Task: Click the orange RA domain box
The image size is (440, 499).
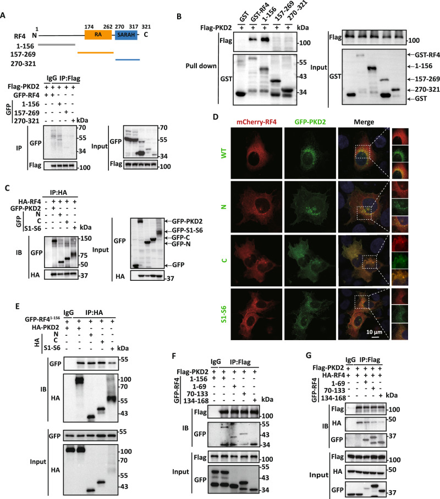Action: [98, 35]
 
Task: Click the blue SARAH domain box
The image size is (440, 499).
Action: [126, 35]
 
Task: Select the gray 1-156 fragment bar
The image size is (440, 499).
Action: [57, 45]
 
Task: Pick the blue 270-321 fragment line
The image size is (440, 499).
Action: [128, 59]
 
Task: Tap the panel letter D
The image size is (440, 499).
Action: [216, 117]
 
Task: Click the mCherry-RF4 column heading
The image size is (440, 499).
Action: [256, 122]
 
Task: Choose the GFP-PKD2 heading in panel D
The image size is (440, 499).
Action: [310, 122]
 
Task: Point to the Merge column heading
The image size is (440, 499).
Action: [364, 122]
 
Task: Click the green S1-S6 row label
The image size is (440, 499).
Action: [224, 314]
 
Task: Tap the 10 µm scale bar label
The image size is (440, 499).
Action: [374, 332]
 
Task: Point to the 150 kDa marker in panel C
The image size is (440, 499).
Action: [86, 239]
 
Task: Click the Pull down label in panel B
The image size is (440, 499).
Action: [201, 66]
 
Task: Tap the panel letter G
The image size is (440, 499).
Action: [309, 356]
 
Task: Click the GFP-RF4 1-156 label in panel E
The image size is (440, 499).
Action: [42, 319]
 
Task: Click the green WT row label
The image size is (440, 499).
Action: [224, 153]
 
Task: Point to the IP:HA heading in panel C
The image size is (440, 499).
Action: [59, 192]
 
